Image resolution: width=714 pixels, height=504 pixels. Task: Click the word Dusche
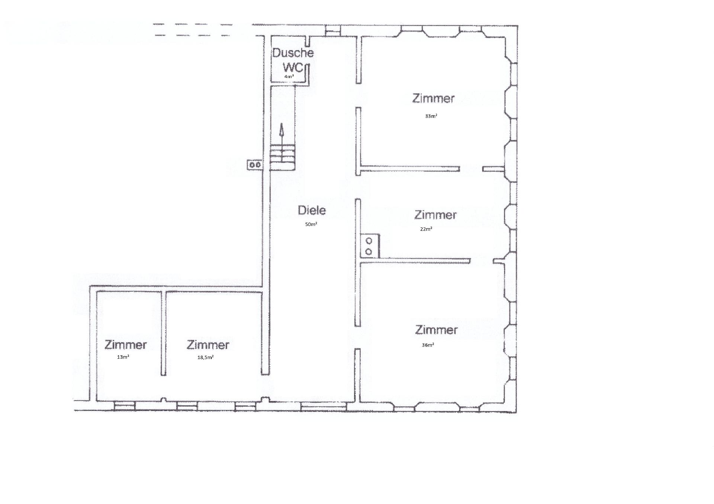click(x=293, y=53)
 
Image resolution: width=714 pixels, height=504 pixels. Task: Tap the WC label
click(x=293, y=68)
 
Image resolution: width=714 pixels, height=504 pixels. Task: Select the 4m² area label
click(x=289, y=77)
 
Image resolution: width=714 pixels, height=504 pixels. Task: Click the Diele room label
click(x=312, y=210)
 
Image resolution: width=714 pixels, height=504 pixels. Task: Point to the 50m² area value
click(x=311, y=224)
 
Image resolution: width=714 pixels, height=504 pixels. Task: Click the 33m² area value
click(x=431, y=116)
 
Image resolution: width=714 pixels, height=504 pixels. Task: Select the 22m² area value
click(x=426, y=229)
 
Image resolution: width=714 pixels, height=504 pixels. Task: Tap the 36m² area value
click(x=428, y=345)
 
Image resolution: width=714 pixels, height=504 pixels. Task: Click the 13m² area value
click(x=123, y=357)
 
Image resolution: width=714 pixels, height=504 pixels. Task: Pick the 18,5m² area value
click(x=205, y=357)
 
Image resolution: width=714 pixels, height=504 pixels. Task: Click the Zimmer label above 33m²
click(x=433, y=98)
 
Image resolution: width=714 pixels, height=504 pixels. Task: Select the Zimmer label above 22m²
click(x=435, y=215)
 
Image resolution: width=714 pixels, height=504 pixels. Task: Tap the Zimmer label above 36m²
click(x=436, y=330)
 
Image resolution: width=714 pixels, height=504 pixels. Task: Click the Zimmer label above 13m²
click(x=126, y=345)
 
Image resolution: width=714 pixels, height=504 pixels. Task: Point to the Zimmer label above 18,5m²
click(x=208, y=345)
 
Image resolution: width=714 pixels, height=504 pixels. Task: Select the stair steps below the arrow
click(x=283, y=154)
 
